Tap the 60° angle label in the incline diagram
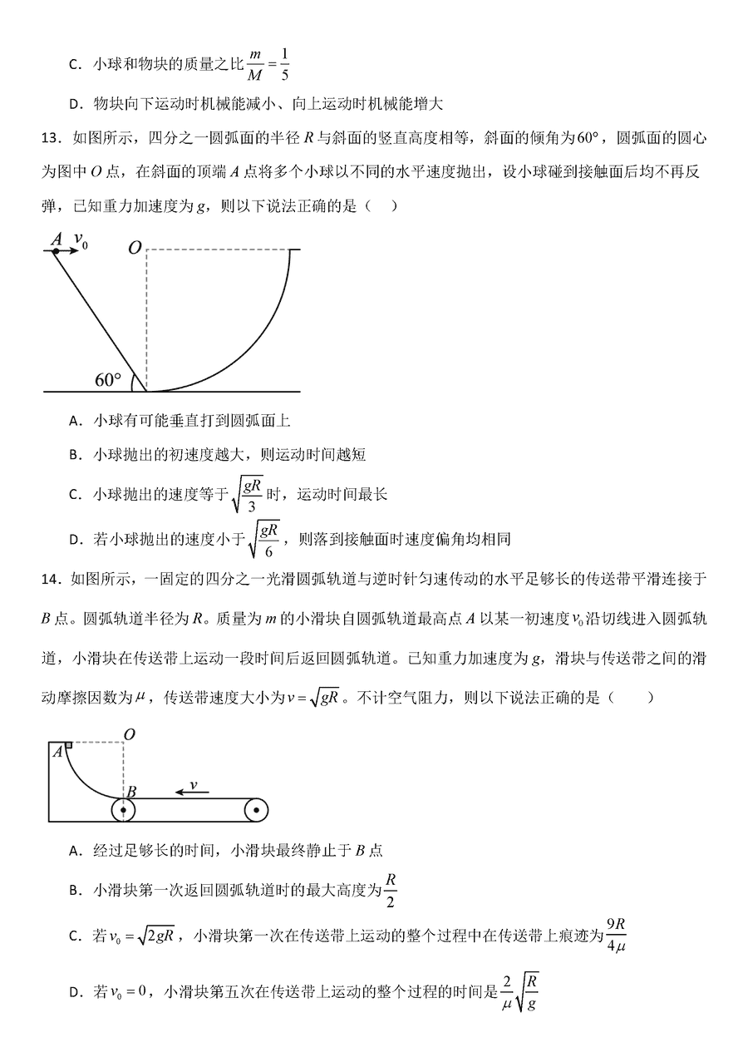tap(107, 380)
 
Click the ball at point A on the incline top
tap(56, 249)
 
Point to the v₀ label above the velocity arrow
tap(81, 239)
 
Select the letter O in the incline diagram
tap(134, 248)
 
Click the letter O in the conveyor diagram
tap(129, 733)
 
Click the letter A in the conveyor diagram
tap(57, 752)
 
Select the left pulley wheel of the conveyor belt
tap(124, 809)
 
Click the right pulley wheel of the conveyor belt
tap(256, 809)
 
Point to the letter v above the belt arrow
tap(193, 784)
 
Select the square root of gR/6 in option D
tap(266, 538)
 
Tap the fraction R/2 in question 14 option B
tap(391, 891)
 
